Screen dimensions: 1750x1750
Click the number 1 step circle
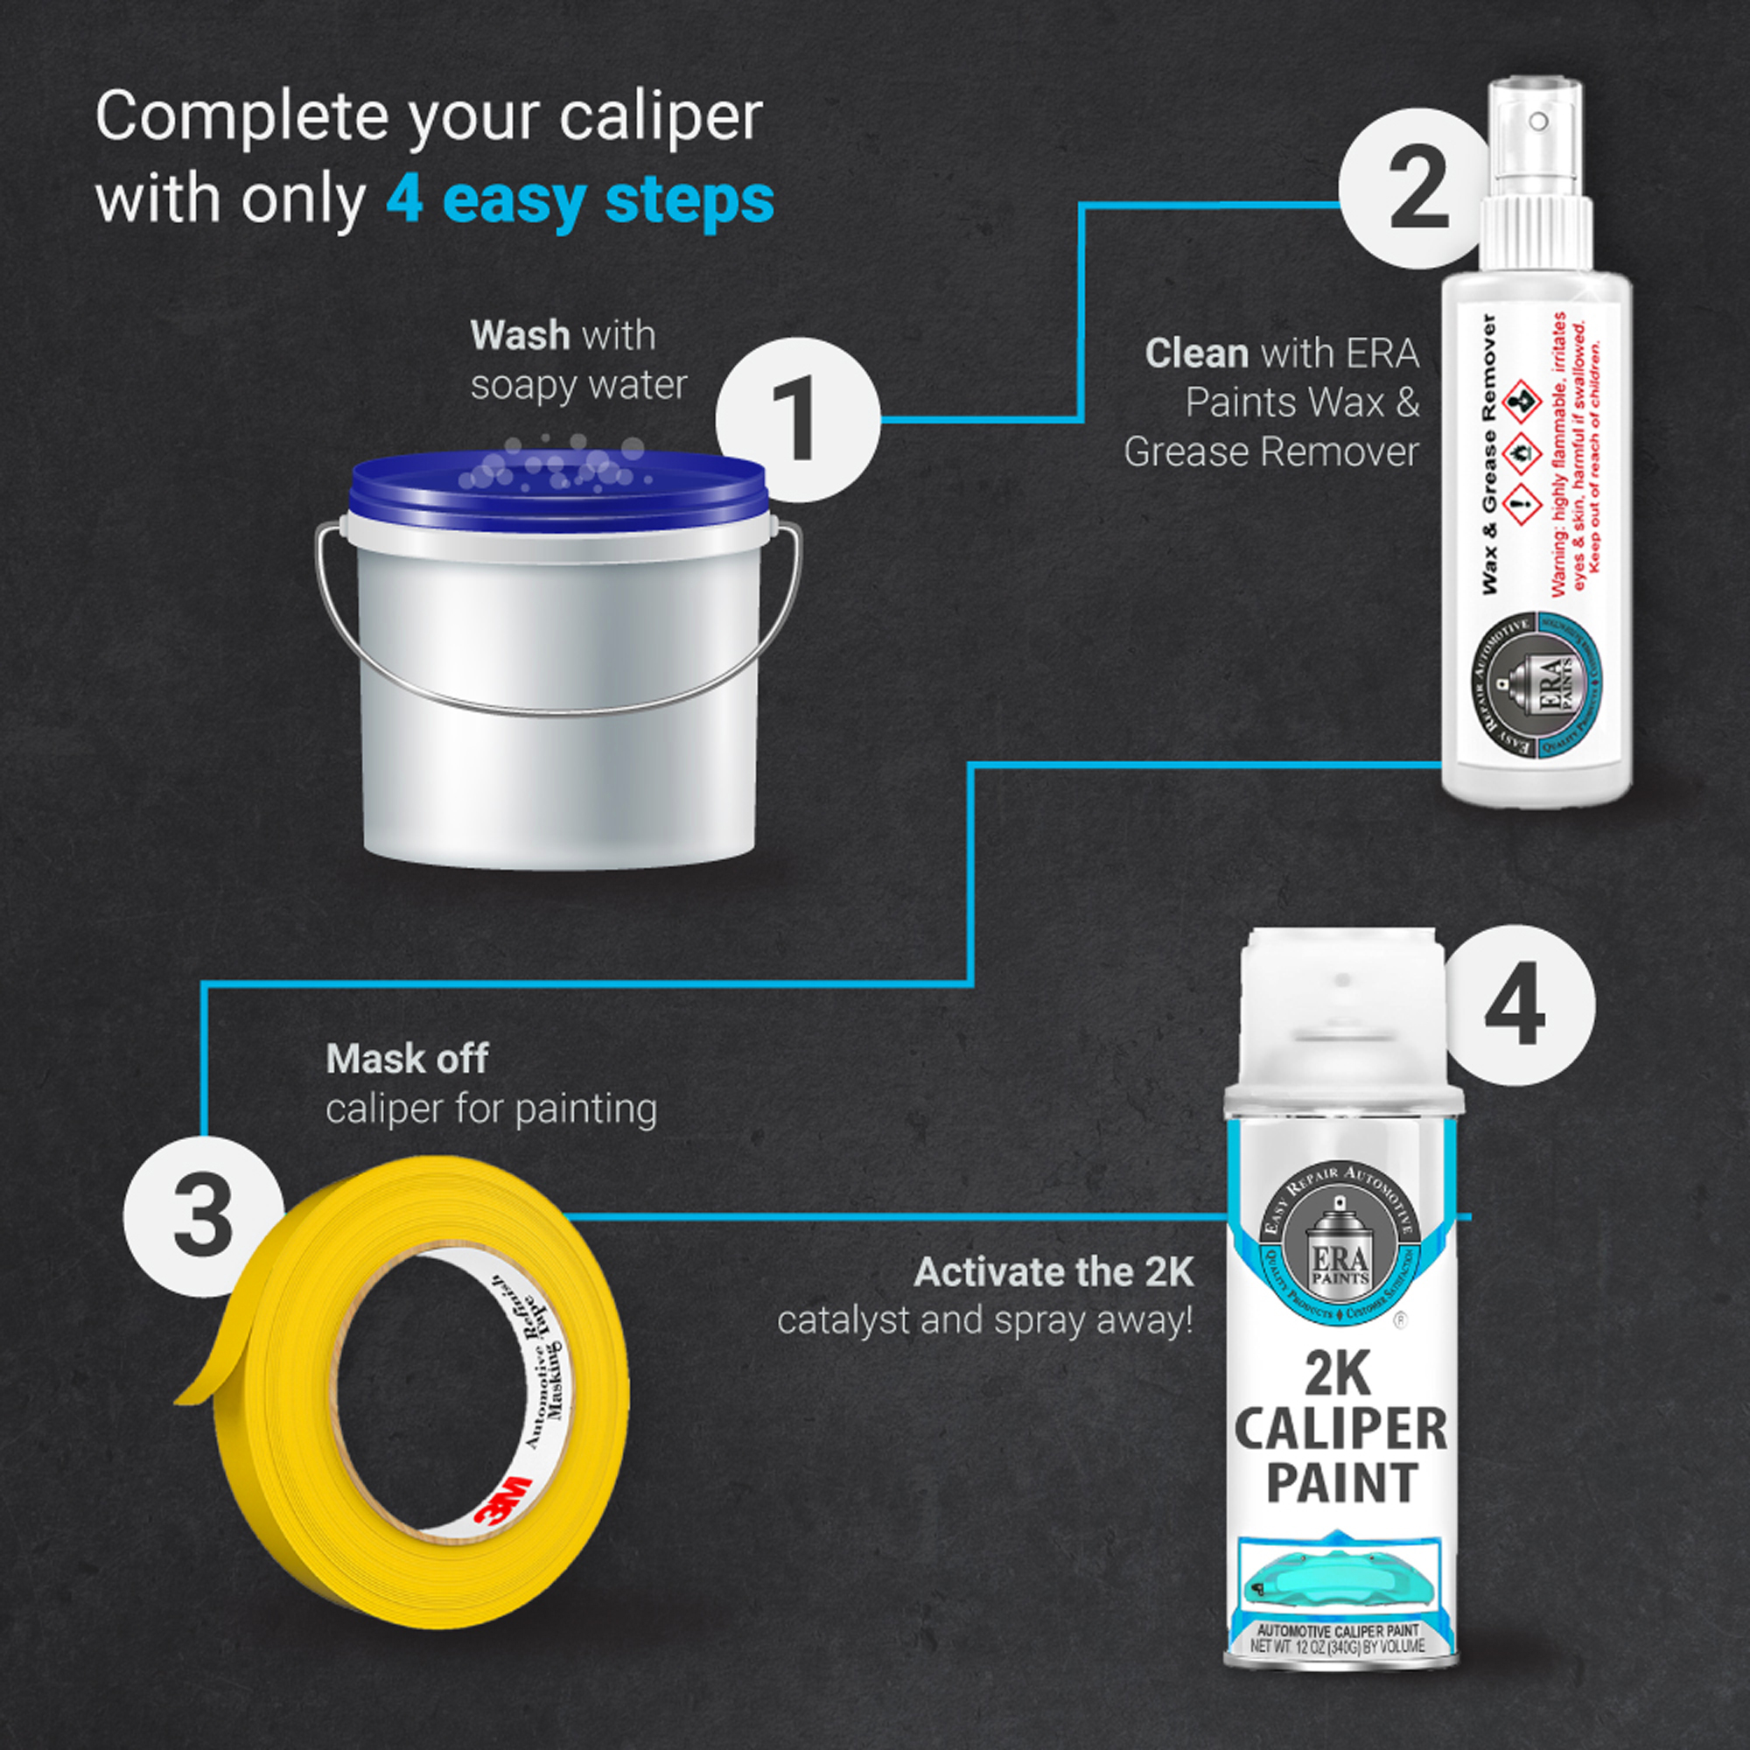coord(797,420)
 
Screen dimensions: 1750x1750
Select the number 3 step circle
coord(203,1215)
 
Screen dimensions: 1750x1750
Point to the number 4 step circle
coord(1515,1005)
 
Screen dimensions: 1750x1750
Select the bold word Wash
coord(520,336)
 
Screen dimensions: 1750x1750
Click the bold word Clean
coord(1195,353)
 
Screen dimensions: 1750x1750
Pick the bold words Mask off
coord(407,1059)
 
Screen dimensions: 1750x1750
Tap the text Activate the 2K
coord(1053,1272)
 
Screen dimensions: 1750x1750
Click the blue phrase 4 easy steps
coord(580,200)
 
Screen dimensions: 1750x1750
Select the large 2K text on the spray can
coord(1338,1375)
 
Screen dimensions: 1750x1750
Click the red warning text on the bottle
coord(1577,453)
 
